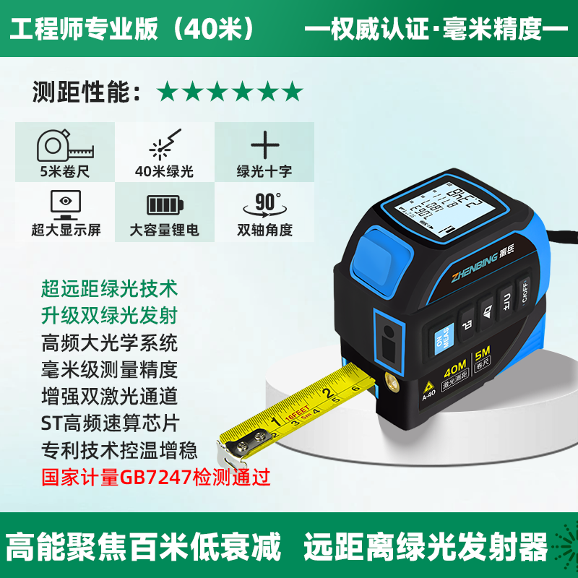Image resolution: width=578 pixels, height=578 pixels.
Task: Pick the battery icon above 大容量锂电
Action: pos(164,204)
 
